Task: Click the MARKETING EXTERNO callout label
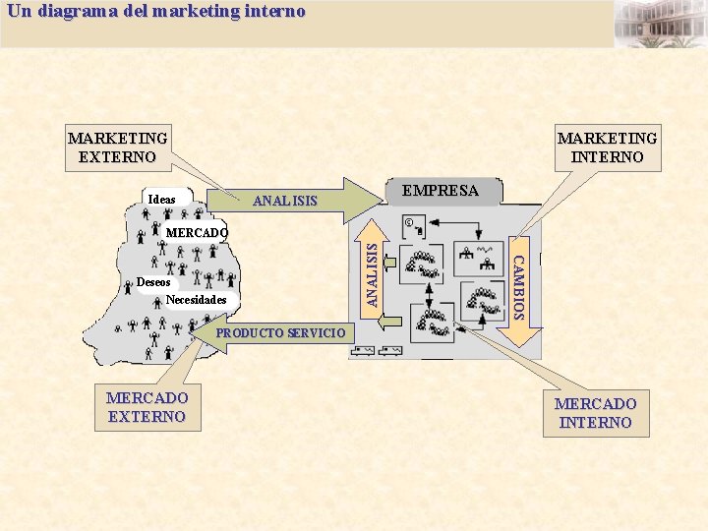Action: pos(117,147)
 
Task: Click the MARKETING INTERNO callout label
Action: pos(607,147)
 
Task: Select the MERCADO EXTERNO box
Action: pos(147,407)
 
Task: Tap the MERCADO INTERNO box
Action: pos(595,413)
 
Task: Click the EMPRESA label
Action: pos(441,191)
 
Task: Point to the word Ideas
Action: pos(161,200)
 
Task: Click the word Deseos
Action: pos(153,282)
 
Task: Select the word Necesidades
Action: pos(197,300)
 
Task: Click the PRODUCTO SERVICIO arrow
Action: pos(281,332)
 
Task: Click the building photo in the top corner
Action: pos(660,24)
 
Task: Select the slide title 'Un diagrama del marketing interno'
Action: pos(156,12)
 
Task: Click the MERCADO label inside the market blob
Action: pos(197,233)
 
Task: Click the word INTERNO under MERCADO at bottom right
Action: pos(595,423)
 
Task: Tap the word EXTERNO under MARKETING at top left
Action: pos(117,156)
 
